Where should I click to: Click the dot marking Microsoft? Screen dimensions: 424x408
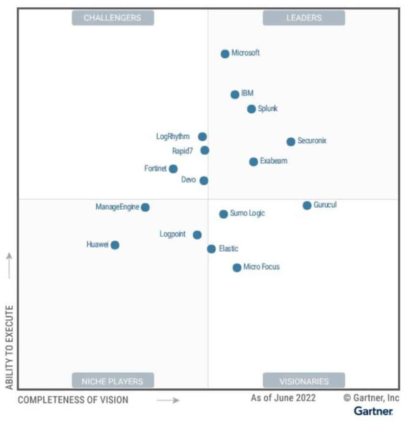coord(225,54)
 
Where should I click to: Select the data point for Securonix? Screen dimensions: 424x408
coord(291,142)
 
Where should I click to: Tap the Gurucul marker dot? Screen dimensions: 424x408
coord(307,206)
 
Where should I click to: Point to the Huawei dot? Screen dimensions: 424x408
coord(115,245)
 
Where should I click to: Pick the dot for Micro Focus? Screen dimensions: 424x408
coord(237,268)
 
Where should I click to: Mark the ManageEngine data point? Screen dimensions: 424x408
coord(145,207)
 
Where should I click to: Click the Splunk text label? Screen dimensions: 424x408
coord(268,109)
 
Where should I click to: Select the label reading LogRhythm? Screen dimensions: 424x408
coord(172,136)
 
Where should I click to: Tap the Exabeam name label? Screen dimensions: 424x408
coord(273,161)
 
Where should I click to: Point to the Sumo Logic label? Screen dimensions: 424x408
coord(247,213)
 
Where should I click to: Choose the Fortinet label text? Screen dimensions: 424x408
coord(155,168)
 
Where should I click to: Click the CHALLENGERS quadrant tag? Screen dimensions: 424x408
coord(112,18)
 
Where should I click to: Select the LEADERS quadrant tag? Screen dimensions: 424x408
coord(304,18)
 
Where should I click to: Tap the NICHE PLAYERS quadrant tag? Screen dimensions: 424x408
coord(112,381)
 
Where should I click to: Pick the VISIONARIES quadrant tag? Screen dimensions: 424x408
coord(304,381)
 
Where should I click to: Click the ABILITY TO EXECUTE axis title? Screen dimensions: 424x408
coord(9,347)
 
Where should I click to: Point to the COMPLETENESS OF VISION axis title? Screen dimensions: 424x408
coord(73,400)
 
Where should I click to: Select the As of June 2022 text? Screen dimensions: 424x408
coord(283,398)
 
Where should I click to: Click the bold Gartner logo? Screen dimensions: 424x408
coord(373,411)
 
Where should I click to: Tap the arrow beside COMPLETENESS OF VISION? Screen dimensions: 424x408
coord(168,401)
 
